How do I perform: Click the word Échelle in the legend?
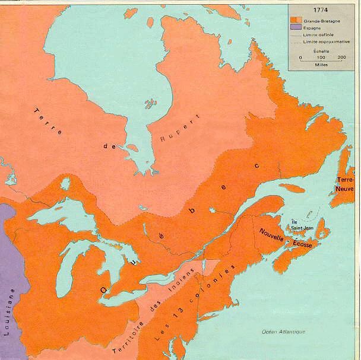click(321, 51)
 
